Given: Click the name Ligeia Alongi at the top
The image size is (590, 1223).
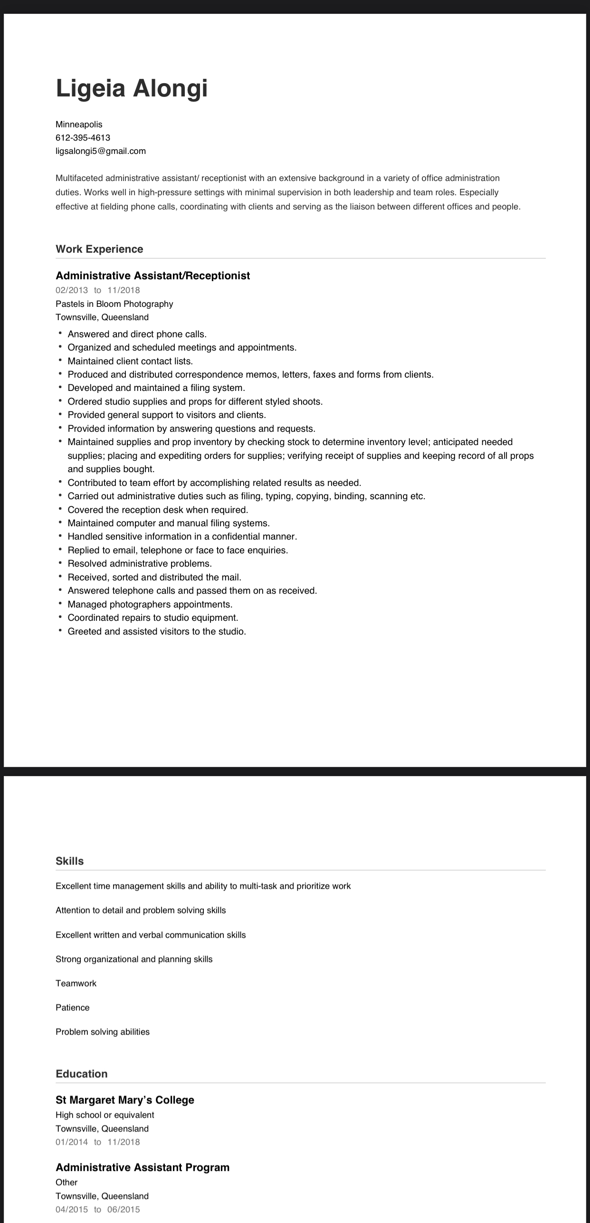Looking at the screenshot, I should click(132, 88).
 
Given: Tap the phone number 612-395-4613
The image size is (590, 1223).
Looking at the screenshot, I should click(83, 138).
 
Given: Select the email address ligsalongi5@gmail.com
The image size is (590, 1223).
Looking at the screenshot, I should click(101, 151).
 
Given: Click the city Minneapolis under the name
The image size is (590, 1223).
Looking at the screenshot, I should click(79, 124).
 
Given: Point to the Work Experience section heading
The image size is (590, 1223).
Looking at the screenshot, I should click(99, 249).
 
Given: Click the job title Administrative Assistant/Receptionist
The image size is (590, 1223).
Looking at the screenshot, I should click(152, 276).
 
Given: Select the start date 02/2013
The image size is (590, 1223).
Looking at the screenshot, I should click(72, 290).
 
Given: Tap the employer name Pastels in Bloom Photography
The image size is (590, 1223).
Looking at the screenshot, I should click(114, 304).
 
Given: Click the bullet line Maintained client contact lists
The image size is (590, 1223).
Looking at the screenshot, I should click(130, 361).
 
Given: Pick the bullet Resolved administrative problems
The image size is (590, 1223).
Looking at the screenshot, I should click(140, 564).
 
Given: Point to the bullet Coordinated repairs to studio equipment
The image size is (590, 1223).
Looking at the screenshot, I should click(153, 618).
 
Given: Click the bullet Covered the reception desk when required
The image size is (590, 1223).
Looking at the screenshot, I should click(158, 510).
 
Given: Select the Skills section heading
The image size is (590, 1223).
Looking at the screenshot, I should click(69, 861).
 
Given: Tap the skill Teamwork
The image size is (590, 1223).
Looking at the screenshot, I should click(76, 983).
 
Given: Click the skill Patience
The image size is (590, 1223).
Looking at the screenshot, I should click(72, 1007).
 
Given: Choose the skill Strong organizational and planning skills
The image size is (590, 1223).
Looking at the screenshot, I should click(134, 959).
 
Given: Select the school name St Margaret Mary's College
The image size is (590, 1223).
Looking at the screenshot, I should click(125, 1100).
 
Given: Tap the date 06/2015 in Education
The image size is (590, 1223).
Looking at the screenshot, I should click(124, 1210).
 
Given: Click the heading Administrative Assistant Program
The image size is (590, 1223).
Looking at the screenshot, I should click(143, 1167).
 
